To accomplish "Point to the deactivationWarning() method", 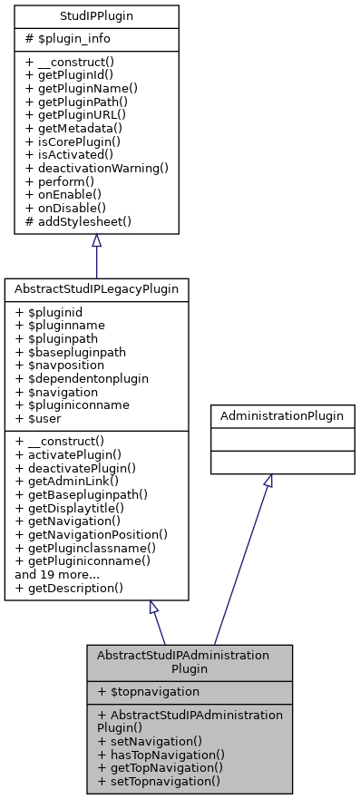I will tap(97, 169).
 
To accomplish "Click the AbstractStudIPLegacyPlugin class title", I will tap(96, 289).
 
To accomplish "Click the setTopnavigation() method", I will tap(159, 780).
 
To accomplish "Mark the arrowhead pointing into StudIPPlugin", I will tap(96, 240).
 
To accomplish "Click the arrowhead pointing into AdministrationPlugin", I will tap(268, 481).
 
